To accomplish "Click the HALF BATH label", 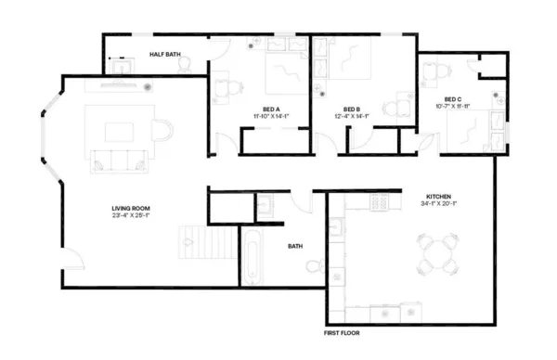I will tap(164, 55).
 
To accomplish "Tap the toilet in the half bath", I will tap(185, 64).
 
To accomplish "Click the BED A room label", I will tap(273, 109).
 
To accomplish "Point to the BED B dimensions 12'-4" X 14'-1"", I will tap(352, 116).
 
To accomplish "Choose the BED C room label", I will tap(452, 99).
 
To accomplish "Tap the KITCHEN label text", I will tap(438, 198).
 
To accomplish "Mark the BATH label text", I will tap(295, 247).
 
